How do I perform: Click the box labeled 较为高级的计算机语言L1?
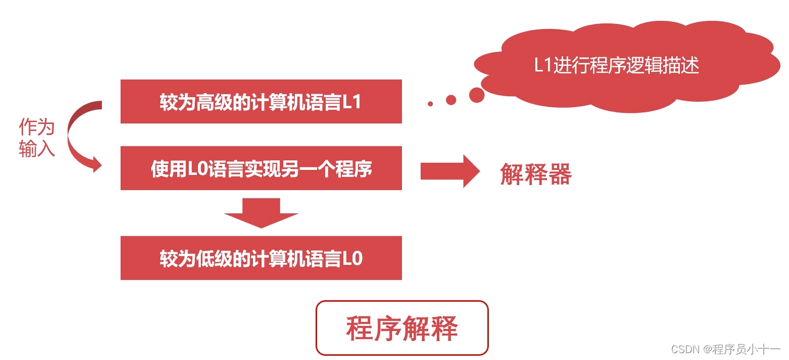click(x=261, y=102)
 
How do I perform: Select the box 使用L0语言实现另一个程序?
click(x=261, y=168)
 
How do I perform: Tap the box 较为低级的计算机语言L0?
click(x=261, y=258)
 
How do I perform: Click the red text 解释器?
click(x=535, y=174)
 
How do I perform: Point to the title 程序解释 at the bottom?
click(x=402, y=329)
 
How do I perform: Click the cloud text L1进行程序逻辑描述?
click(x=617, y=65)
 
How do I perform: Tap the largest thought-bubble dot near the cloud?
click(x=476, y=95)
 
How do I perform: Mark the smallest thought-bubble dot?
click(x=430, y=104)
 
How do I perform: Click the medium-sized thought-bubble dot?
click(x=451, y=100)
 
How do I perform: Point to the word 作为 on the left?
click(x=37, y=127)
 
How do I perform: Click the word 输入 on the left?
click(x=37, y=149)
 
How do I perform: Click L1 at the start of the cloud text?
click(x=542, y=65)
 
